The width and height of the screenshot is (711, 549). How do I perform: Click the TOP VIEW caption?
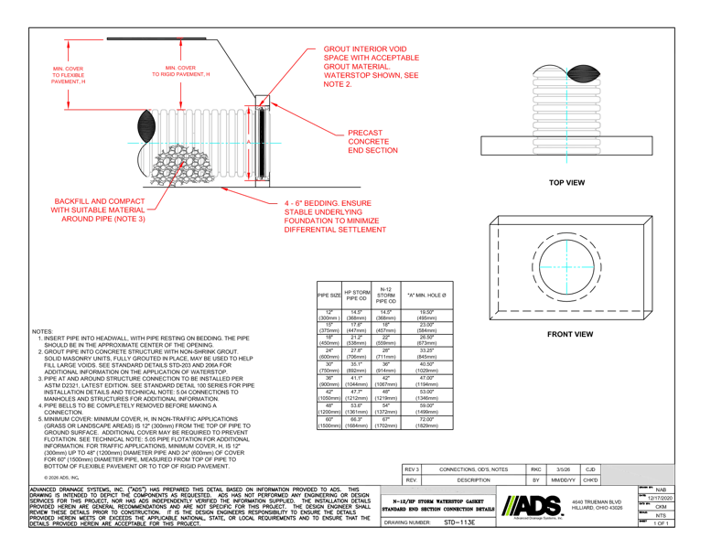[566, 182]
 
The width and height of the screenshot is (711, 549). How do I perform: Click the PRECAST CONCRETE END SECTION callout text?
[372, 141]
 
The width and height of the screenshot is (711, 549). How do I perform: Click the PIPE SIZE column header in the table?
[327, 295]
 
